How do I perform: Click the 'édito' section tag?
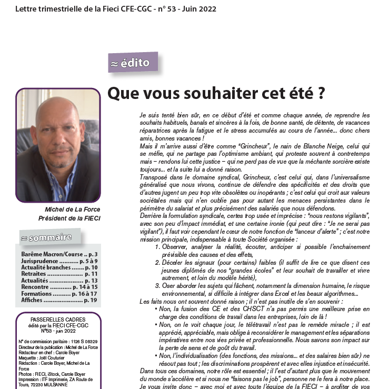pos(133,63)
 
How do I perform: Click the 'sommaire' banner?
pos(50,237)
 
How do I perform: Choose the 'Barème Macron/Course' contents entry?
pos(52,255)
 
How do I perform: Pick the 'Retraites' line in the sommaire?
pos(35,274)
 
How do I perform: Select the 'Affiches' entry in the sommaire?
pos(33,300)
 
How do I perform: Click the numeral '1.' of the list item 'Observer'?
pos(157,246)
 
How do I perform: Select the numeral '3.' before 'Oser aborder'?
pos(157,286)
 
